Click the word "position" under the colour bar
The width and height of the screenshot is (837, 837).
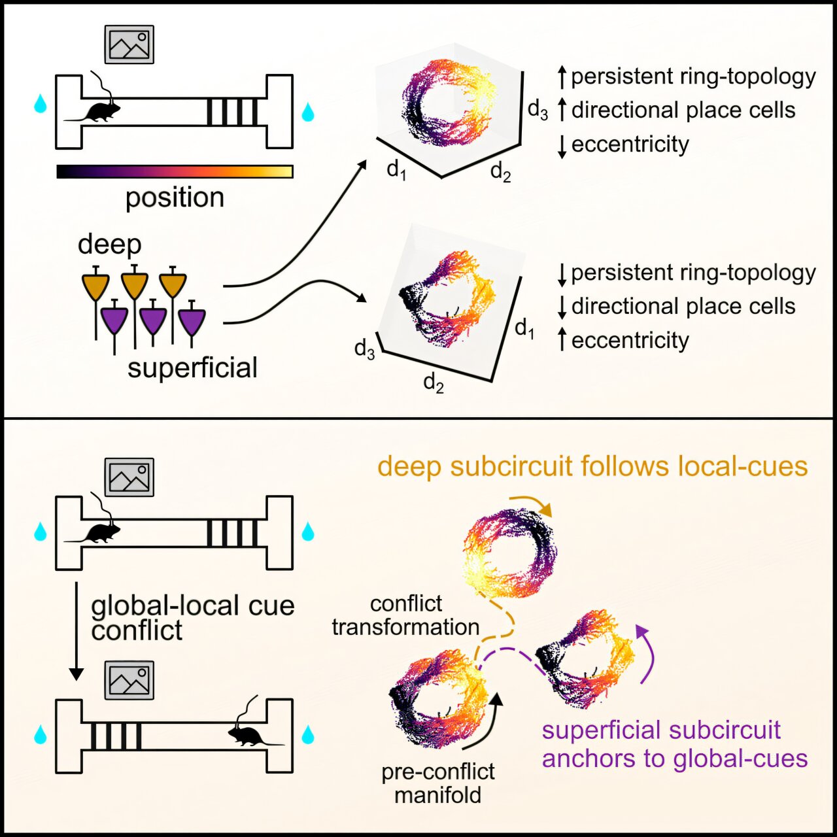(175, 197)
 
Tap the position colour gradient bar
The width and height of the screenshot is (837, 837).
(175, 171)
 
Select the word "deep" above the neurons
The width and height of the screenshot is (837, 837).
(109, 245)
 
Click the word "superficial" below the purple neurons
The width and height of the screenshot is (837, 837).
(192, 367)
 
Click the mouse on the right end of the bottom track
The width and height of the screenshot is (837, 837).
(248, 736)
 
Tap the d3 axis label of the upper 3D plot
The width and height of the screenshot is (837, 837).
(538, 110)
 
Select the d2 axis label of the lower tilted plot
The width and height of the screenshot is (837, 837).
(434, 382)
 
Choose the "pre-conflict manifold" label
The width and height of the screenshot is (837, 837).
(438, 783)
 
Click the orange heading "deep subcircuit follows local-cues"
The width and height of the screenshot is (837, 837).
(592, 467)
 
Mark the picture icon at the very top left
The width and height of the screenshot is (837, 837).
(129, 44)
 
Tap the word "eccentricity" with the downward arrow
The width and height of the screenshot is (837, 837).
(630, 145)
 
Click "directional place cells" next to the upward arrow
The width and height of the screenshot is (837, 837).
(683, 110)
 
